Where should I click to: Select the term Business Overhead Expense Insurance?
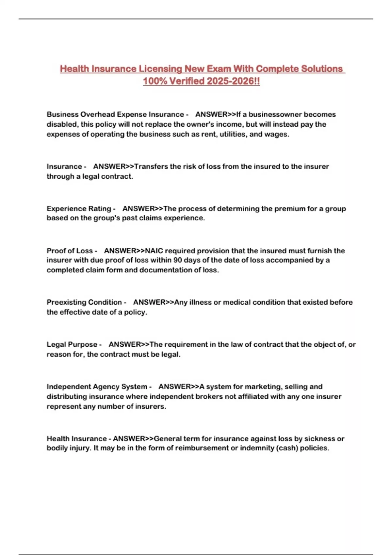point(115,114)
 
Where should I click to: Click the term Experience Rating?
point(79,209)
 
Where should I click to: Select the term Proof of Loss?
point(70,251)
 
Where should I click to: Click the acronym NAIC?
point(154,251)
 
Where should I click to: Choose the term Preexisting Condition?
point(84,302)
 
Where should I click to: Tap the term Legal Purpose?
point(72,344)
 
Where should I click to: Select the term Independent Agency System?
point(97,387)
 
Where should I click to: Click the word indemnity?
point(257,448)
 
